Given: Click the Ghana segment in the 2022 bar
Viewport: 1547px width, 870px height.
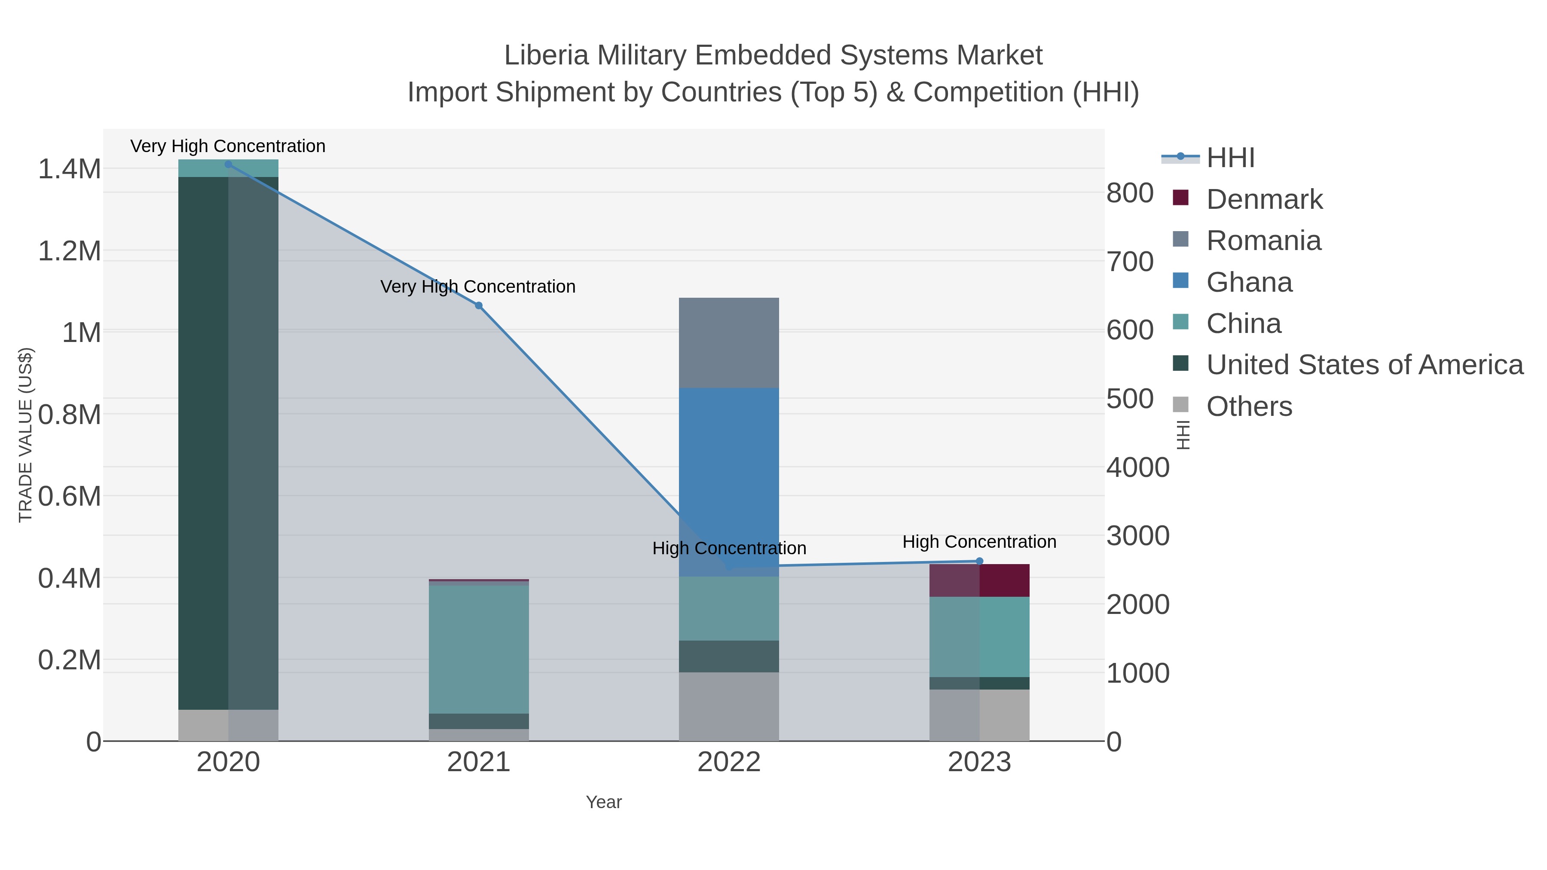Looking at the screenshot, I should coord(728,480).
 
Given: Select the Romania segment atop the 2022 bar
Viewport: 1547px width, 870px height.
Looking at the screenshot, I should coord(728,342).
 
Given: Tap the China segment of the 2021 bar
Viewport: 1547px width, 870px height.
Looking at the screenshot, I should coord(479,648).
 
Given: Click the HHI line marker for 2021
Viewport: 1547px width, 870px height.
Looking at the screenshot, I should coord(479,305).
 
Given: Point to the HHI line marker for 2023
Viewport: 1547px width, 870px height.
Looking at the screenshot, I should coord(979,562).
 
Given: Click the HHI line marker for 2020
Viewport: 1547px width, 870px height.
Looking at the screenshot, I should coord(228,165).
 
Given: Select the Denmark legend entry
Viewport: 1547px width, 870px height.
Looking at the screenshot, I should coord(1264,199).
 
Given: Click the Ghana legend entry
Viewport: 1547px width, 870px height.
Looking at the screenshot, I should coord(1249,282).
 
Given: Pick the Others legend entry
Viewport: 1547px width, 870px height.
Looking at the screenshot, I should coord(1249,406).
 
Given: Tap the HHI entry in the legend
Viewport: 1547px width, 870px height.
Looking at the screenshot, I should coord(1230,158).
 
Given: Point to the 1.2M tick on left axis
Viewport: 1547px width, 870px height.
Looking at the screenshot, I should coord(70,251).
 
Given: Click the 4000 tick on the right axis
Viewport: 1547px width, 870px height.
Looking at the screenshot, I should coord(1137,468).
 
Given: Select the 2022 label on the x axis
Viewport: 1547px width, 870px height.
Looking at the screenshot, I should coord(728,763).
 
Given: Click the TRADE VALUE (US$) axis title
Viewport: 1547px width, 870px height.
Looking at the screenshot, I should coord(25,435).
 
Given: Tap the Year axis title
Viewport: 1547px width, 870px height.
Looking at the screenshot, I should coord(604,802).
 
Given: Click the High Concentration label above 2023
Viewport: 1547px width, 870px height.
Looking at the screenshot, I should coord(979,542).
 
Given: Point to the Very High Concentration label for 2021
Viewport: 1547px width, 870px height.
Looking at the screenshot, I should coord(478,287).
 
